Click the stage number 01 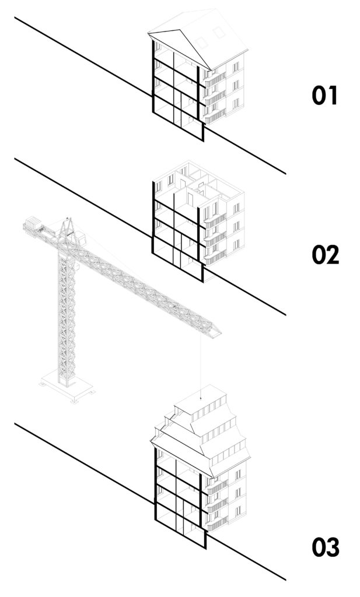[x=324, y=96]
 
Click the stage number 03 [x=326, y=547]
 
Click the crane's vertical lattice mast [x=67, y=316]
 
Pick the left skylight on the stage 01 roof [x=201, y=43]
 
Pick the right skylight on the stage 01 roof [x=219, y=32]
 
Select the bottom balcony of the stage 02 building [x=215, y=257]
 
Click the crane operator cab [x=81, y=238]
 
